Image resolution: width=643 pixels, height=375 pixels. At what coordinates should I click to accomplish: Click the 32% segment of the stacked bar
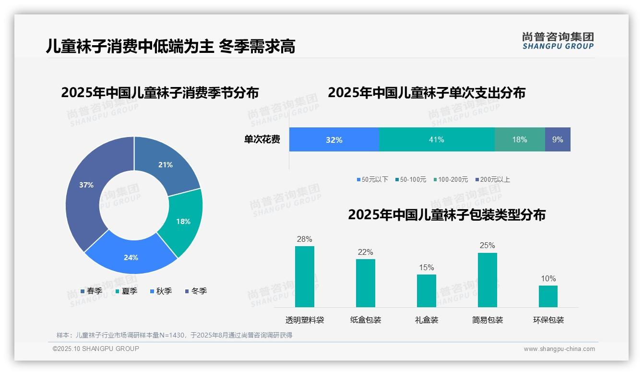(334, 139)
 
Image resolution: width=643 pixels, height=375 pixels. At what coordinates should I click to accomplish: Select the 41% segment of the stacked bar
(437, 139)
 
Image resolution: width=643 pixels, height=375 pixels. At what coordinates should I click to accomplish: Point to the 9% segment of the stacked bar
(558, 139)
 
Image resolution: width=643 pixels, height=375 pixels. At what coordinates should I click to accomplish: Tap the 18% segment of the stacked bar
(520, 139)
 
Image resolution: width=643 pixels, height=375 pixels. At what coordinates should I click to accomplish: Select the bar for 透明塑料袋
(305, 276)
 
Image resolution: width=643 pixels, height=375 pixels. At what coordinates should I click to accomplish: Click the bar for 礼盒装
(427, 290)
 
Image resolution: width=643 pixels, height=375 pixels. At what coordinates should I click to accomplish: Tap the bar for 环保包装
(548, 296)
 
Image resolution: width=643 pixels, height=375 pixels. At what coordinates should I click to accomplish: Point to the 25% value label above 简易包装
(487, 246)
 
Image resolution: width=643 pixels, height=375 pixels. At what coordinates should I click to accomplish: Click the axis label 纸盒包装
(366, 320)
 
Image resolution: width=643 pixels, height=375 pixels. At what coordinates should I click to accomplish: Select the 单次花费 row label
(262, 140)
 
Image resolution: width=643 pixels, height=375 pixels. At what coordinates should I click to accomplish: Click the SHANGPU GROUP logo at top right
(558, 41)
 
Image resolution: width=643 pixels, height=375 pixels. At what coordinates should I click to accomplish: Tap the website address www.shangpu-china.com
(559, 349)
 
